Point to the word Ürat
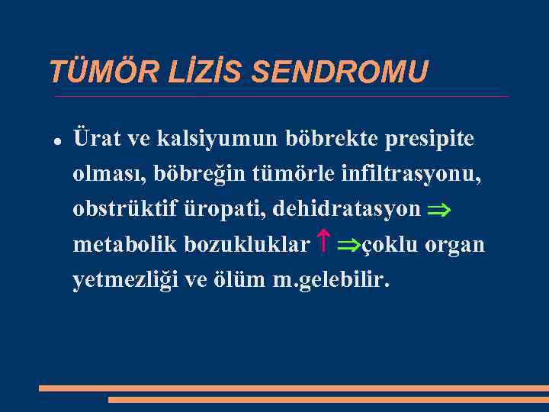point(95,140)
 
